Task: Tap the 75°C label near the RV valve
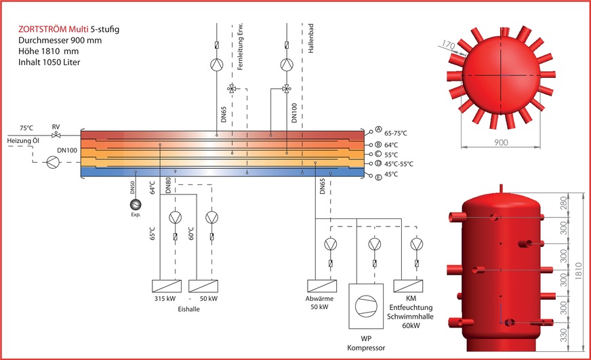coord(27,127)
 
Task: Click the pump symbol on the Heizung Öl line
coord(53,162)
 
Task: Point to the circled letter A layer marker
coord(379,130)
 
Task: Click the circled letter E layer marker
coord(379,176)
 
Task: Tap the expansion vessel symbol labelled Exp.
coord(135,205)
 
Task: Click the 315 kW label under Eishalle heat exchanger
coord(165,299)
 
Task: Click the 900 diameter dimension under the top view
coord(500,142)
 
